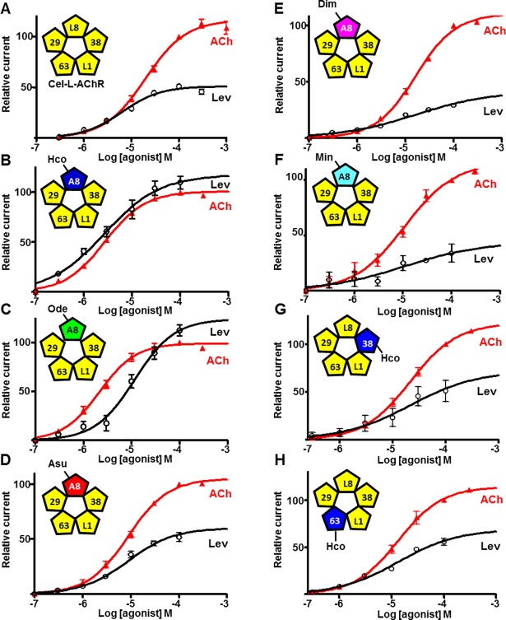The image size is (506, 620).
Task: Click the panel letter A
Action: (7, 7)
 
